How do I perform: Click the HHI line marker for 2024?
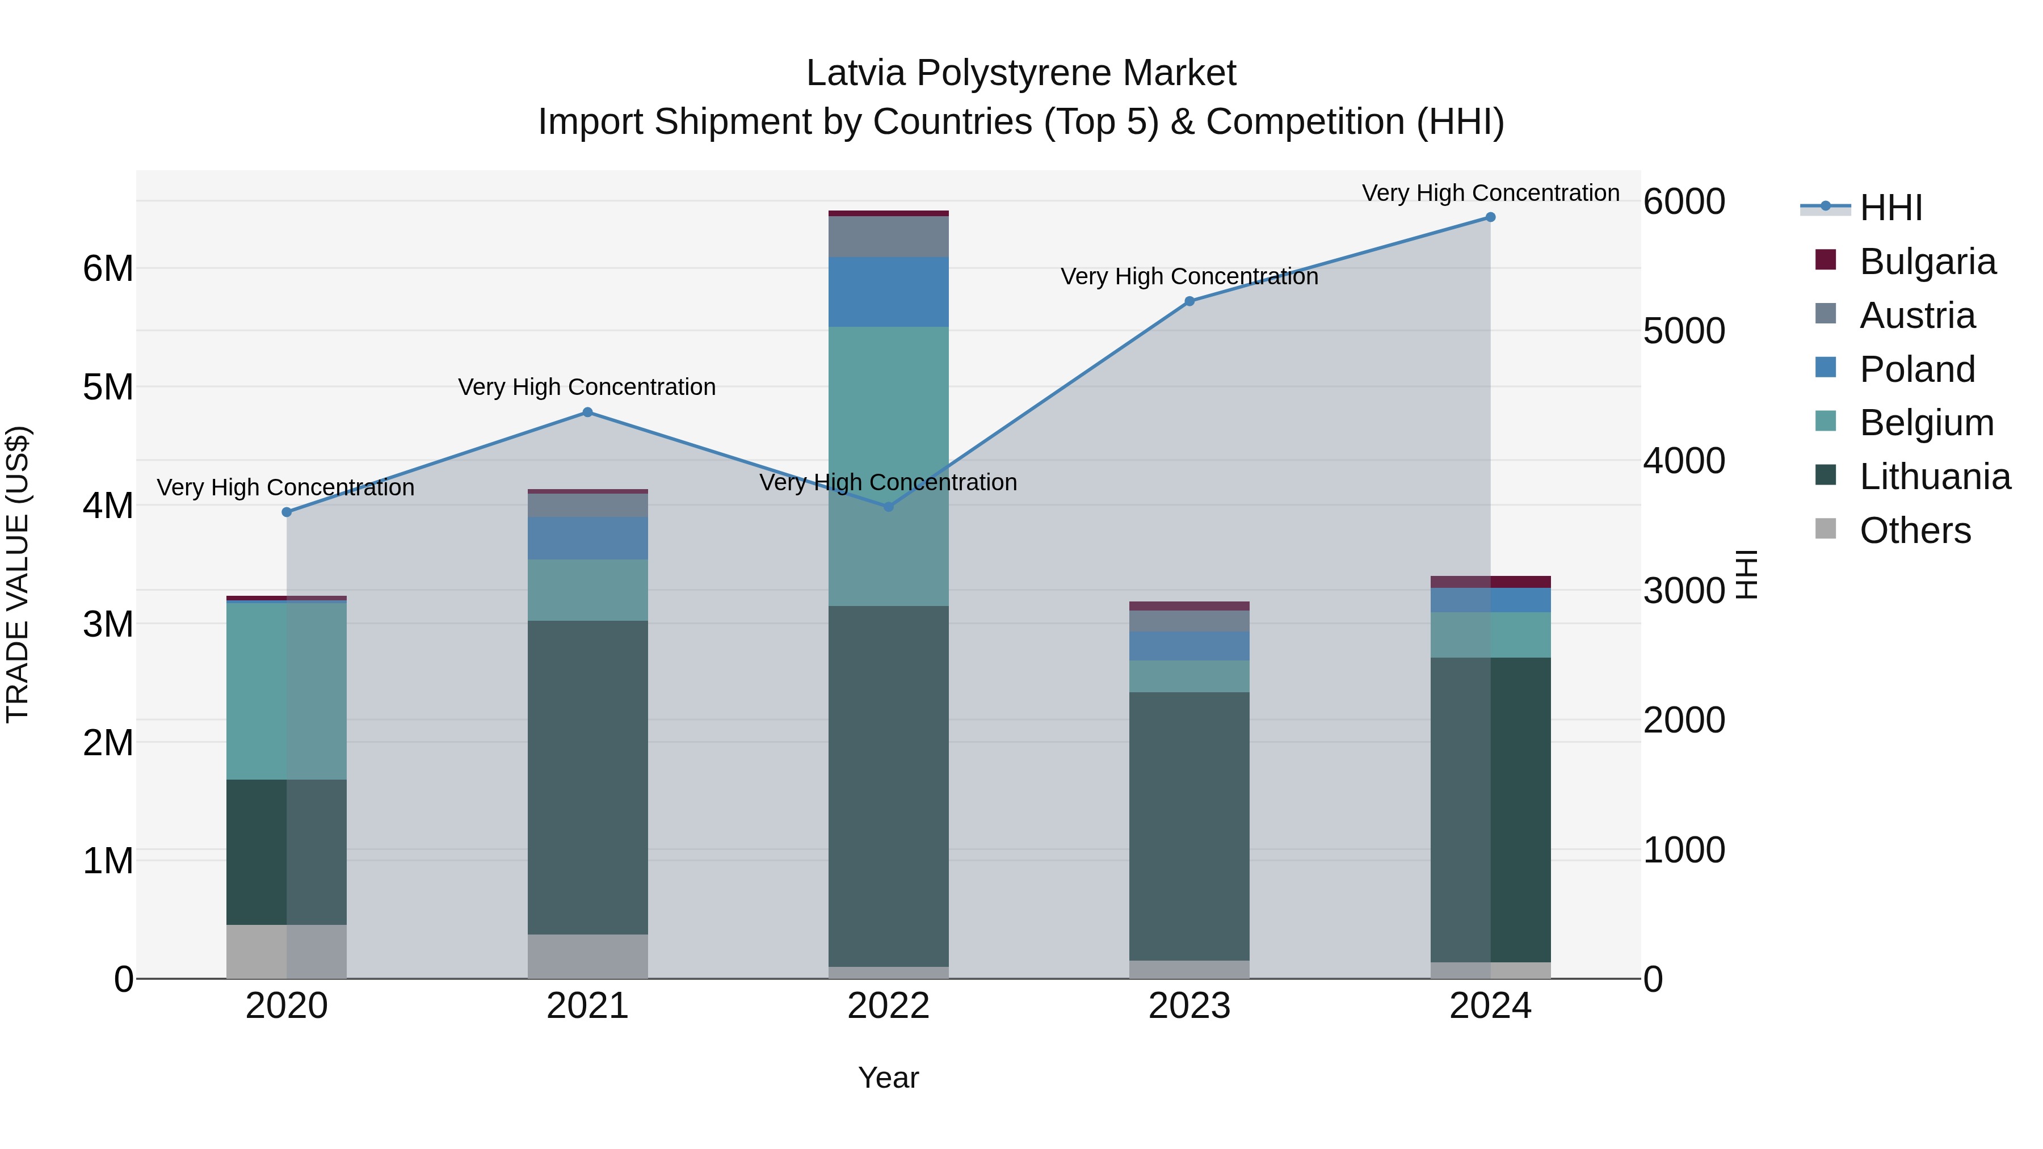pyautogui.click(x=1490, y=217)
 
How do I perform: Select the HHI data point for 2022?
pyautogui.click(x=888, y=507)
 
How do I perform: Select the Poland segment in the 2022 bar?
pyautogui.click(x=888, y=292)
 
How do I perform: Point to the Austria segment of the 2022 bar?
pyautogui.click(x=888, y=236)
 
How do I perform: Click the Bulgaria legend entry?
pyautogui.click(x=1927, y=262)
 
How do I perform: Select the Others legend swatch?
pyautogui.click(x=1826, y=529)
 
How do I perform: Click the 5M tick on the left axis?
pyautogui.click(x=108, y=388)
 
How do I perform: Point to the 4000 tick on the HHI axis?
pyautogui.click(x=1683, y=461)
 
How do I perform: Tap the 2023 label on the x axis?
pyautogui.click(x=1189, y=1006)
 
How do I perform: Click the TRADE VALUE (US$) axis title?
pyautogui.click(x=18, y=575)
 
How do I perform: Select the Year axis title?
pyautogui.click(x=888, y=1078)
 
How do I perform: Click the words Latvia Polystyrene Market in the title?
pyautogui.click(x=1021, y=74)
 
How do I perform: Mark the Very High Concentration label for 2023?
pyautogui.click(x=1189, y=277)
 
